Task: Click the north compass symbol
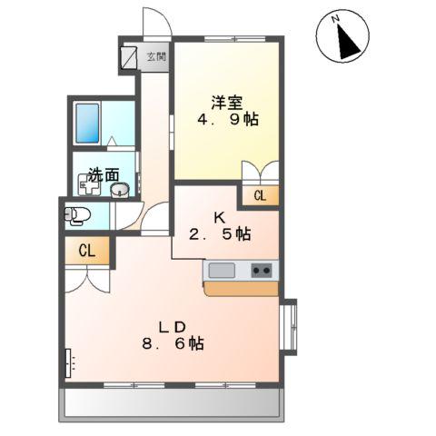coord(341,38)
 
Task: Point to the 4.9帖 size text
coord(225,122)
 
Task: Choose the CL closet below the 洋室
coord(259,194)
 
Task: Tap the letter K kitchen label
coord(219,217)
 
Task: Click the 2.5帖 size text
coord(219,234)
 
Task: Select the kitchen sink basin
coord(223,270)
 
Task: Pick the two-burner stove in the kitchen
coord(261,270)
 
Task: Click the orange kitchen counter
coord(242,288)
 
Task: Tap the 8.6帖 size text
coord(173,344)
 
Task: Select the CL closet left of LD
coord(86,251)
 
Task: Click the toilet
coord(76,216)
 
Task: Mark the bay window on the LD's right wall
coord(290,328)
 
